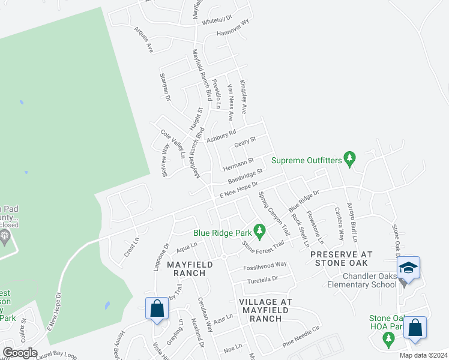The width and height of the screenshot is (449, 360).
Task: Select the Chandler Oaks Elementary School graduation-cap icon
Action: (x=408, y=268)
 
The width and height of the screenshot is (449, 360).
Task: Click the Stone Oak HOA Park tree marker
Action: (x=388, y=340)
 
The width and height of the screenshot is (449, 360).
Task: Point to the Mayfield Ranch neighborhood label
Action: (x=186, y=268)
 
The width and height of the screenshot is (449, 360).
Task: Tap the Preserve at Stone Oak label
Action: (x=342, y=259)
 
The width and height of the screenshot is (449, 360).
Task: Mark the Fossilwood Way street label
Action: (x=265, y=265)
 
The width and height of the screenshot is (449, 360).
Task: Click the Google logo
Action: (x=19, y=353)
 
